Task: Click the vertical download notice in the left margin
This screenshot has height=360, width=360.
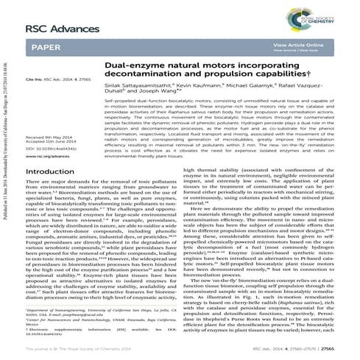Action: pos(5,147)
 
